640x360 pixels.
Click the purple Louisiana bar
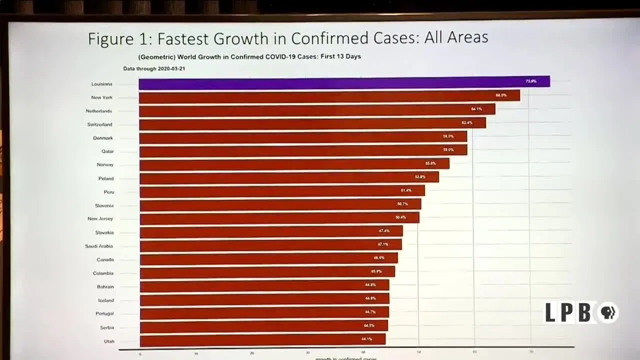(x=344, y=82)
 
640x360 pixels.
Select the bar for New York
(x=329, y=96)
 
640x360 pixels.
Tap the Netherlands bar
(x=317, y=110)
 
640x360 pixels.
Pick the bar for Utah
(x=262, y=340)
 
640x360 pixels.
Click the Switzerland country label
(x=99, y=124)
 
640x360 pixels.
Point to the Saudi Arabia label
(x=98, y=246)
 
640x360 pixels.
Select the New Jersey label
(x=100, y=218)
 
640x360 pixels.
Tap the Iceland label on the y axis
(x=105, y=300)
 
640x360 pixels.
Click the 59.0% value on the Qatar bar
(x=448, y=150)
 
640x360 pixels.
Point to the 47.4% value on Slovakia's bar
(x=384, y=231)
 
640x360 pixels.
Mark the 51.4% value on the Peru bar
(x=406, y=190)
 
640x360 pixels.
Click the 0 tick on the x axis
(x=140, y=353)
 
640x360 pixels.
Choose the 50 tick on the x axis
(x=418, y=352)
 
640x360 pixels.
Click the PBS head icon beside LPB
(x=608, y=313)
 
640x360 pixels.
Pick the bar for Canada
(x=268, y=258)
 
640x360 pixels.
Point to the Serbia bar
(x=263, y=326)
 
